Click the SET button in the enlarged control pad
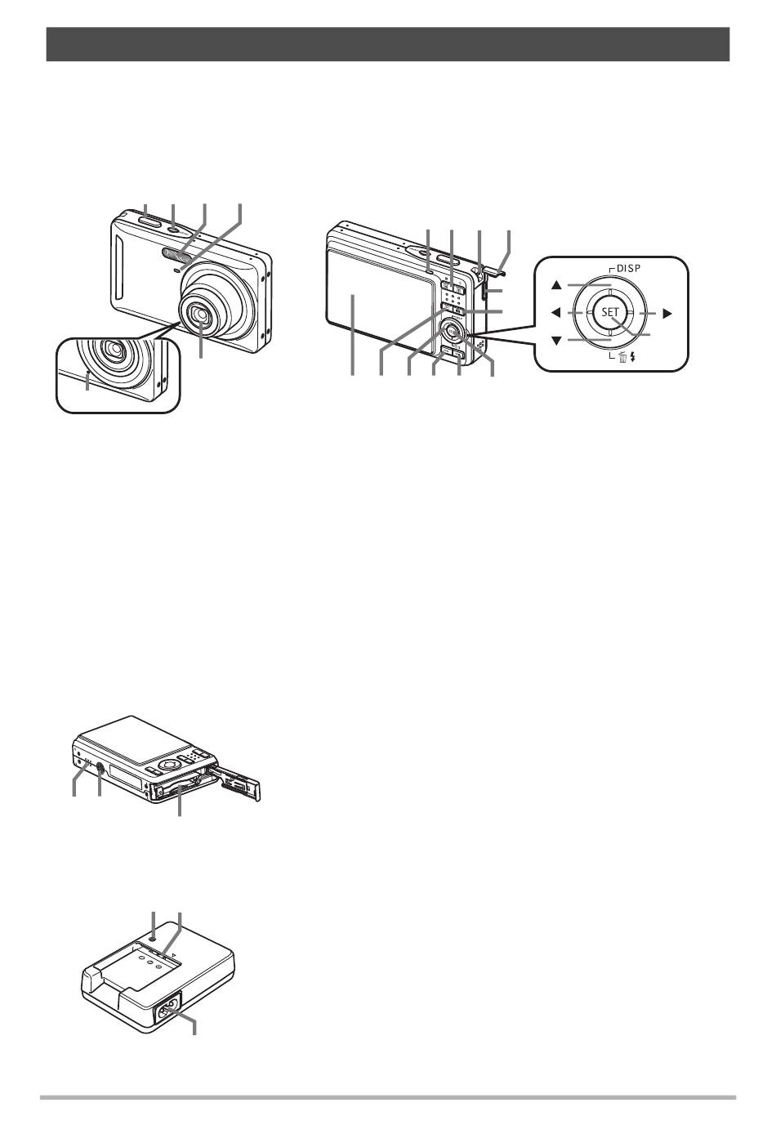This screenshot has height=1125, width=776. coord(610,312)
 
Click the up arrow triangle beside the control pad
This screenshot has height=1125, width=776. coord(556,285)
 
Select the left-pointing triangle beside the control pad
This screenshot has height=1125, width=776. coord(555,312)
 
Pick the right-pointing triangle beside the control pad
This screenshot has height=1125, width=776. coord(667,312)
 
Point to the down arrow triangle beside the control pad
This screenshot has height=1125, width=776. coord(556,340)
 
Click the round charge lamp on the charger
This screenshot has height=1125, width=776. coord(153,940)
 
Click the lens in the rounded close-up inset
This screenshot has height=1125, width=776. coord(112,353)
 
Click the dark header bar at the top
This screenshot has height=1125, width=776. coord(387,44)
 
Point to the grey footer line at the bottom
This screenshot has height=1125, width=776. coord(387,1098)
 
